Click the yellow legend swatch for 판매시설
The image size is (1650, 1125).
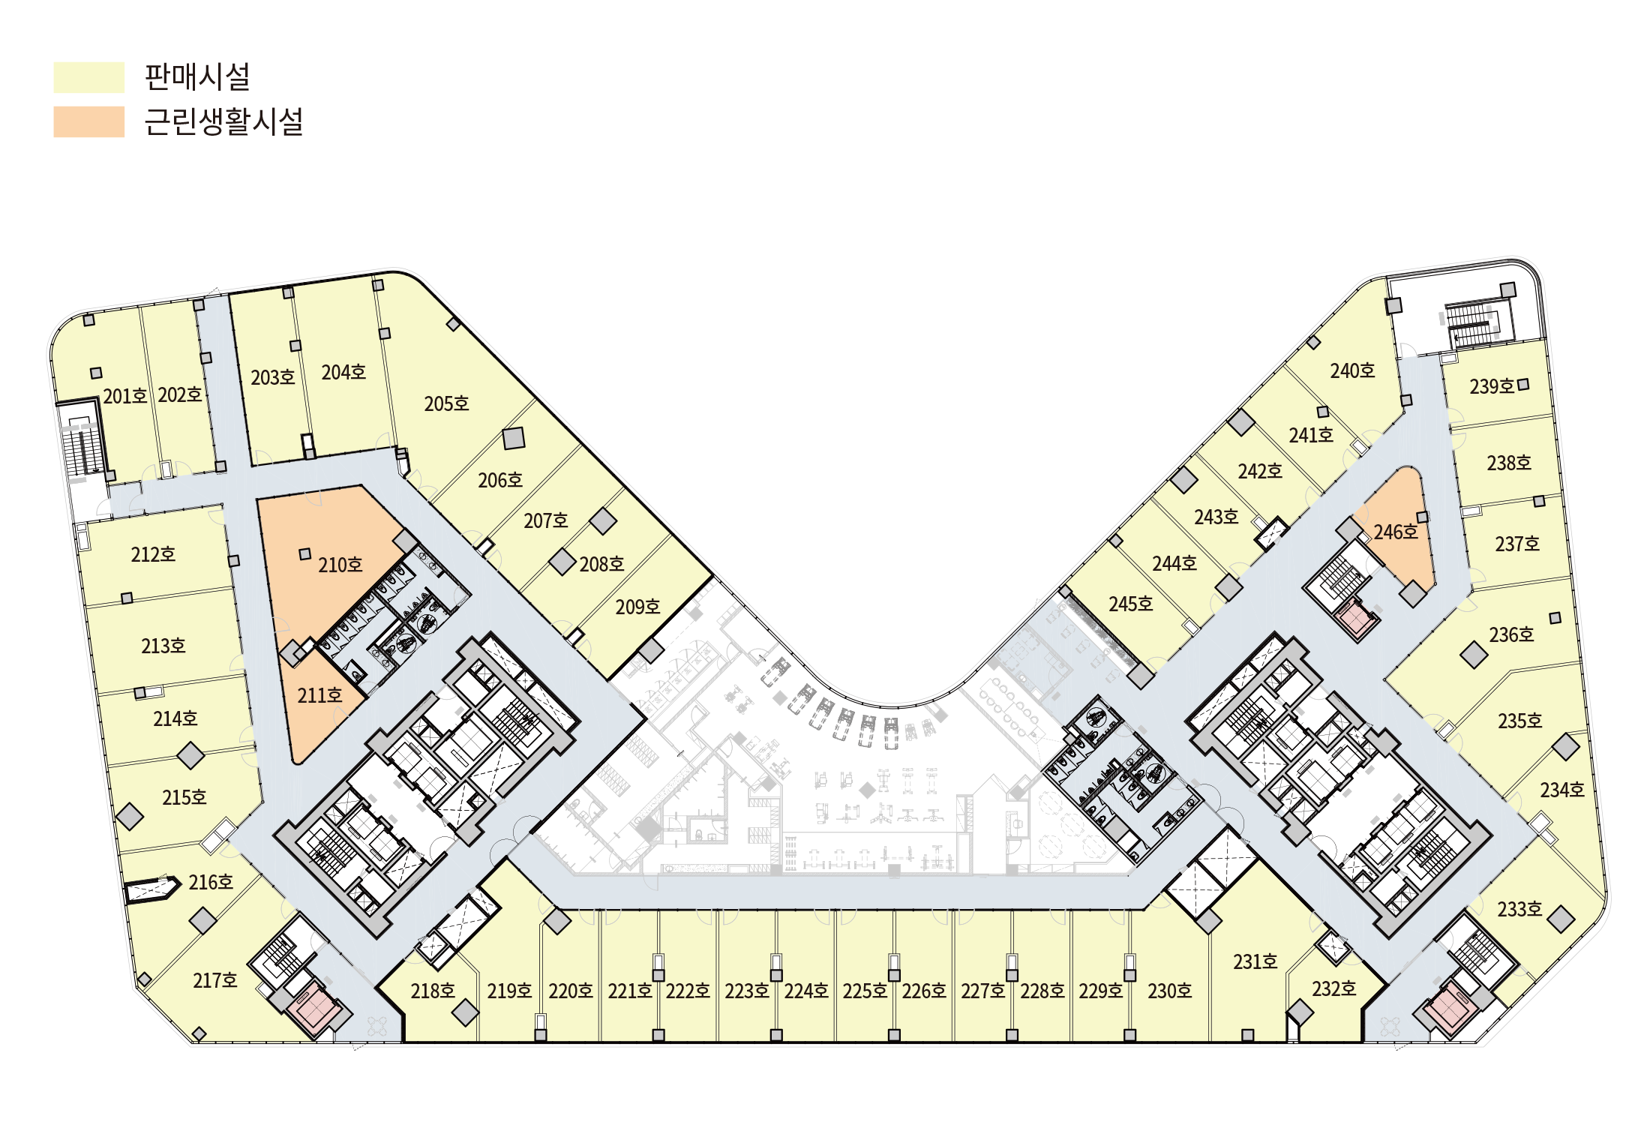point(88,77)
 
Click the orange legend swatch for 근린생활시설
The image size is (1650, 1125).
point(88,121)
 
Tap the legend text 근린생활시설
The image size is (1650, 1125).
point(223,121)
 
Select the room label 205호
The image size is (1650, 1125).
point(446,403)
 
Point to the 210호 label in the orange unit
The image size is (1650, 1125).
point(340,565)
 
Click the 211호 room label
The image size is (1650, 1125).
point(319,695)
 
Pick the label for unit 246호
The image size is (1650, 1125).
point(1396,532)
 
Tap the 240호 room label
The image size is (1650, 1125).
point(1352,370)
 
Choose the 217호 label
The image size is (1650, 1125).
point(215,980)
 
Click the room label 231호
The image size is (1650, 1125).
point(1255,961)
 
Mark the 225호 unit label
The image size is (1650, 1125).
point(865,991)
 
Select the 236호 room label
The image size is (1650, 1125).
point(1511,634)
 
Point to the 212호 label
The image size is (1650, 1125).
point(153,554)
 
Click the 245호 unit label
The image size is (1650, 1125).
point(1130,604)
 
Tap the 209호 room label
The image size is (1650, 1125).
point(637,607)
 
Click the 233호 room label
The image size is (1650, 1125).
point(1519,909)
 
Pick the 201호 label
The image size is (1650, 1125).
point(125,396)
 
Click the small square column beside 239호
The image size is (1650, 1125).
point(1523,385)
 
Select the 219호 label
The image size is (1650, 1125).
point(509,991)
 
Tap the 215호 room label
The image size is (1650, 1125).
point(184,797)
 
